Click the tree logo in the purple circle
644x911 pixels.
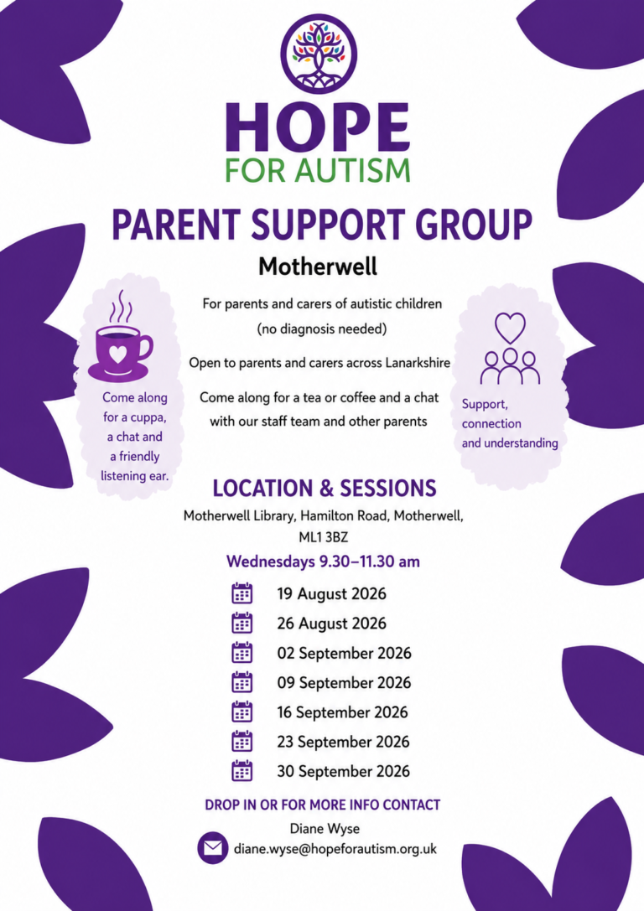pos(319,54)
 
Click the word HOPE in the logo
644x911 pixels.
pos(318,127)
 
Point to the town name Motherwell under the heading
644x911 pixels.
pos(318,267)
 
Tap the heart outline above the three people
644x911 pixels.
pos(510,328)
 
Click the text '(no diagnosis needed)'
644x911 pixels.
pos(322,329)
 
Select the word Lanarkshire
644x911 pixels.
pos(418,363)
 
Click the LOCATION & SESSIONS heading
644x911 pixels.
pos(325,488)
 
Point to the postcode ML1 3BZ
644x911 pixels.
pos(323,537)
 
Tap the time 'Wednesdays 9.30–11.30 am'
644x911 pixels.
pos(323,562)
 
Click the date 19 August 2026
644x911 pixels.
pos(331,593)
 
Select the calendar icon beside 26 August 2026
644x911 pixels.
pos(241,623)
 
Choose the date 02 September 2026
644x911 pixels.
pos(344,653)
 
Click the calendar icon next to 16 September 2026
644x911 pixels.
pos(241,712)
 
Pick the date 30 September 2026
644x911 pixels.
pos(344,772)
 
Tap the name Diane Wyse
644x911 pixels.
pos(325,829)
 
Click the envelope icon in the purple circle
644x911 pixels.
pos(213,848)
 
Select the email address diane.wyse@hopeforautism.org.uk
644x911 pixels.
pos(335,849)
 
